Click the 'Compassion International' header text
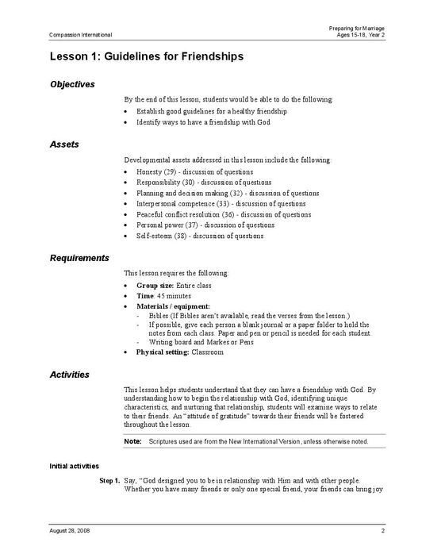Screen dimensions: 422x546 pos(80,35)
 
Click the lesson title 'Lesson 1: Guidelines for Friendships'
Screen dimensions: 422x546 pos(147,57)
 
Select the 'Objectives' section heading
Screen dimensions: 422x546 pos(72,84)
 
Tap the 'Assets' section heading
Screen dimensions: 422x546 pos(63,145)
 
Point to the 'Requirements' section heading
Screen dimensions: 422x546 pos(79,258)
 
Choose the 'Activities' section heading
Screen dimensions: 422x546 pos(69,375)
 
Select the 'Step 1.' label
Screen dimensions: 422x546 pos(109,480)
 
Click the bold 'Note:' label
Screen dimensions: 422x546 pos(132,440)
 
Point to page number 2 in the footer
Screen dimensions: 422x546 pos(382,529)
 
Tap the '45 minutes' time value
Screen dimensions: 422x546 pos(172,294)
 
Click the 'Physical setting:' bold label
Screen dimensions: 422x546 pos(163,352)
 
